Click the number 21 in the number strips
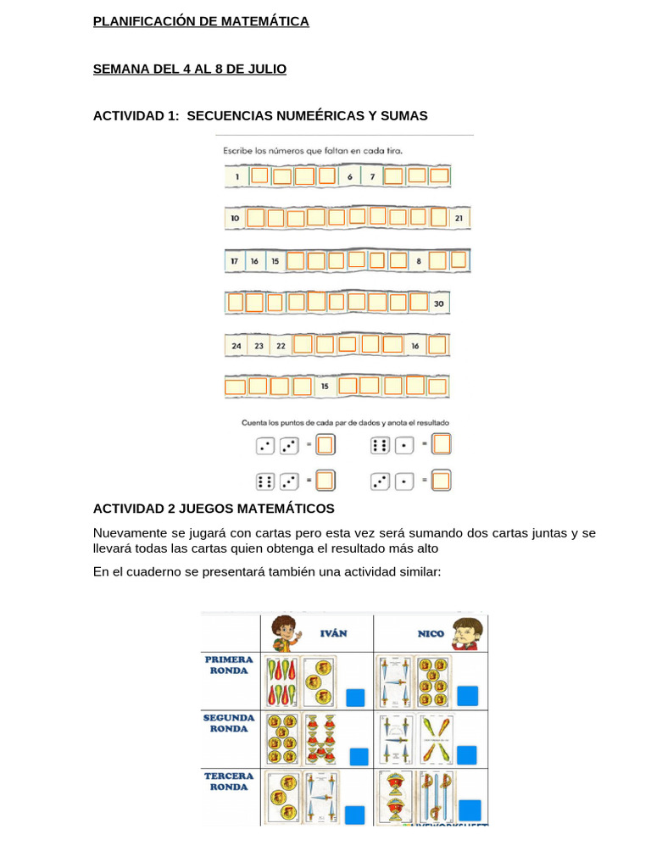click(459, 218)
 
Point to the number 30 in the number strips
click(438, 303)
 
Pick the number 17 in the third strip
click(234, 261)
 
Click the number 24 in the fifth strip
click(236, 346)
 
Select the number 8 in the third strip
click(419, 261)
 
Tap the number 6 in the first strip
click(349, 176)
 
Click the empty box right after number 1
click(259, 176)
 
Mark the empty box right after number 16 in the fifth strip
click(437, 346)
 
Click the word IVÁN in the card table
click(333, 633)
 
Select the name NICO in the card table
click(431, 633)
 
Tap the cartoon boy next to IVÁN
click(285, 633)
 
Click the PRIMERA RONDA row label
click(229, 665)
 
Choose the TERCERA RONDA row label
click(229, 781)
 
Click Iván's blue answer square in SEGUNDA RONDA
click(359, 756)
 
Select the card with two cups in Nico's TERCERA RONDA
click(397, 796)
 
